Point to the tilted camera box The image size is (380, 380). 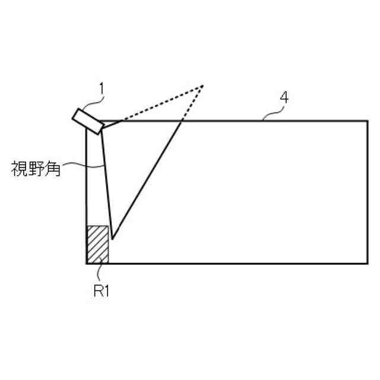(88, 119)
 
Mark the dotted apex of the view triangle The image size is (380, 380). (202, 86)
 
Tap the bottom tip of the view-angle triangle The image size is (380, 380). (112, 239)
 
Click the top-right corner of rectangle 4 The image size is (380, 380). (367, 121)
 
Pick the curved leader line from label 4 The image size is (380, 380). (272, 113)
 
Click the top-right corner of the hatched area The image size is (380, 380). (108, 226)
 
